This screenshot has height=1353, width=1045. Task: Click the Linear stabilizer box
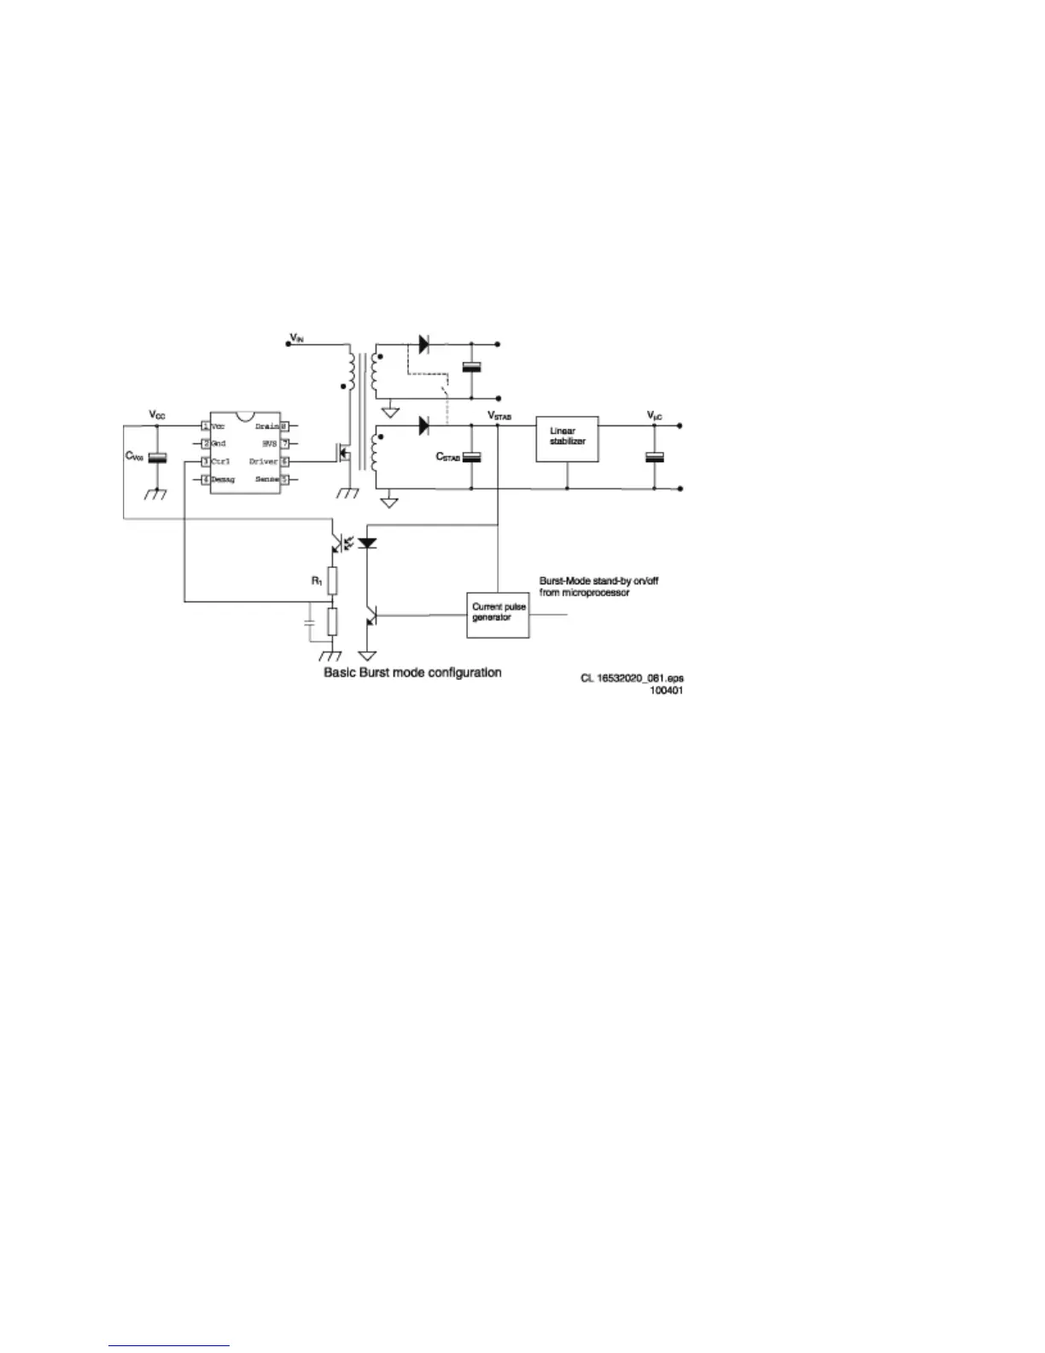click(x=567, y=439)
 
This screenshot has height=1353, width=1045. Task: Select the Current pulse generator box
click(x=498, y=613)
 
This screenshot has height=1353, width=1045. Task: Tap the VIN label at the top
click(x=296, y=338)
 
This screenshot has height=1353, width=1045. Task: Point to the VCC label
click(x=158, y=414)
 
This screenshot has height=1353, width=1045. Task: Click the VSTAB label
click(x=499, y=415)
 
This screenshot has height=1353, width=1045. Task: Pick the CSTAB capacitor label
click(x=448, y=458)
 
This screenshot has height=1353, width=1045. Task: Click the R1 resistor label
click(x=316, y=582)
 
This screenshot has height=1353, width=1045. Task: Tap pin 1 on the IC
click(x=205, y=425)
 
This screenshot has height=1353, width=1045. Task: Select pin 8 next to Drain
click(x=285, y=425)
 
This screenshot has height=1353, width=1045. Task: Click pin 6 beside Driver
click(x=285, y=461)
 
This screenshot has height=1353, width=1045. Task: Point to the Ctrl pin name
click(x=220, y=461)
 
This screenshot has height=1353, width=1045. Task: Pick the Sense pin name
click(x=267, y=480)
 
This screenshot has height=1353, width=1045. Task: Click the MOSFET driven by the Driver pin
click(x=343, y=455)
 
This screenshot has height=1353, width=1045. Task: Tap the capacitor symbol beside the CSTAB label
click(x=472, y=456)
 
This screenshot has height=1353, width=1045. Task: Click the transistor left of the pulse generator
click(x=370, y=617)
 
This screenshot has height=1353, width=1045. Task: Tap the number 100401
click(x=667, y=690)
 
